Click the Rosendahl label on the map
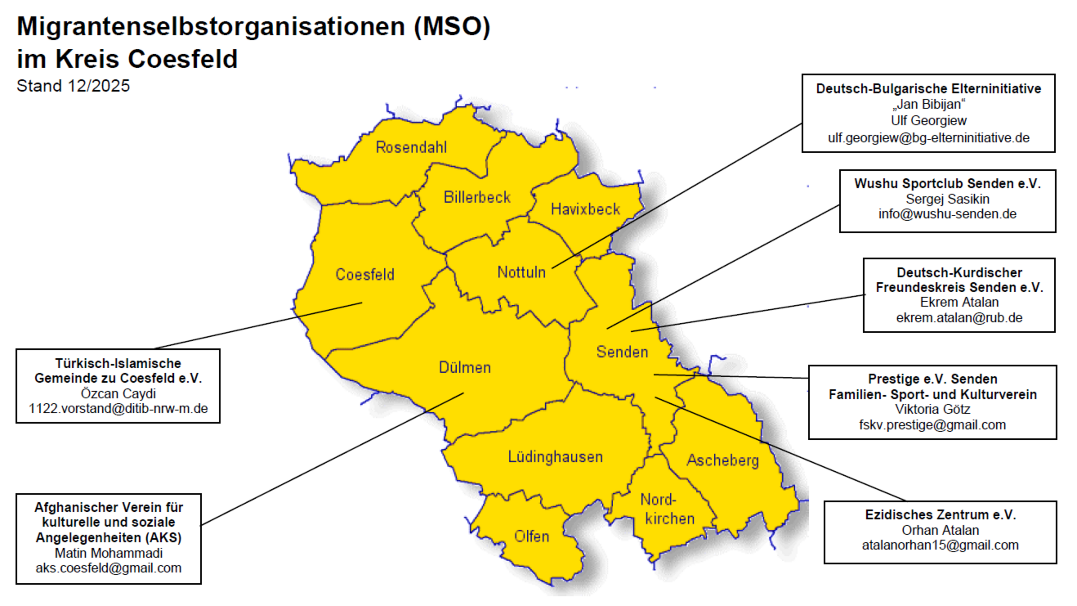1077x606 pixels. (x=411, y=147)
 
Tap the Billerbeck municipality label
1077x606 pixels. (x=477, y=197)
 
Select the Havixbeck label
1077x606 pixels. (x=585, y=209)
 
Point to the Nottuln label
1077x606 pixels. (x=521, y=272)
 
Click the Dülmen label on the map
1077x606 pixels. (x=464, y=367)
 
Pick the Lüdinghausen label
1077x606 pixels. (x=555, y=457)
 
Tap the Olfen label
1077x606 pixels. (x=531, y=536)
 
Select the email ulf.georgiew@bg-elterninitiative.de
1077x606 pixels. (x=929, y=138)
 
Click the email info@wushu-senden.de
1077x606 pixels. (x=947, y=214)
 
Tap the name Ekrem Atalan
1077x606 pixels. (x=959, y=302)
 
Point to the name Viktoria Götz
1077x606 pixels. (x=932, y=409)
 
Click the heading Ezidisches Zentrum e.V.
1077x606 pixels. (x=940, y=514)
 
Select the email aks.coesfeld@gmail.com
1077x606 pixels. (x=108, y=568)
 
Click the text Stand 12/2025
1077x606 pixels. (x=73, y=86)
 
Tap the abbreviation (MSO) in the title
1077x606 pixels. (x=452, y=27)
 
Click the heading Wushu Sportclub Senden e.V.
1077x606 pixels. (x=947, y=183)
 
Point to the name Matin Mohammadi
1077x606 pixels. (x=108, y=553)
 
